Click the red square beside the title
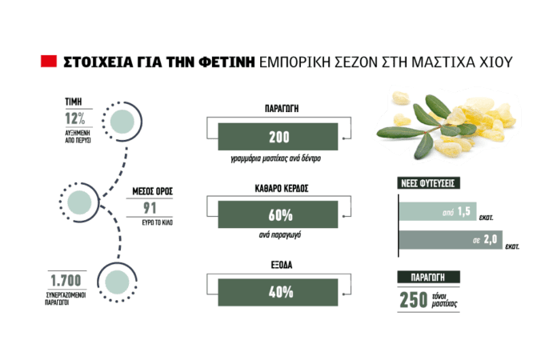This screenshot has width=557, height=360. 49,61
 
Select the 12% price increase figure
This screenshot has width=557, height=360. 75,118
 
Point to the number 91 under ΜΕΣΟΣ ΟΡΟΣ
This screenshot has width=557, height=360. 150,208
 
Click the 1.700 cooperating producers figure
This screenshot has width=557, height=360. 66,281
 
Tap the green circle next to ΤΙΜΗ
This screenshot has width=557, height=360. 122,122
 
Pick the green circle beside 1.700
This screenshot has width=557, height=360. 117,282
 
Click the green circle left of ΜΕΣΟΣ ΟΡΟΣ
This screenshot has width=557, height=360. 79,202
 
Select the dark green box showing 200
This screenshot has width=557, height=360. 278,137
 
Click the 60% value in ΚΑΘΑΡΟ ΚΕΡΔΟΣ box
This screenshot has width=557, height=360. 281,215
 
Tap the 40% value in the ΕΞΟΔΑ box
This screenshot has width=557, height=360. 281,292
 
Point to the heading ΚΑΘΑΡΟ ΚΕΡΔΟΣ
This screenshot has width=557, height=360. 282,188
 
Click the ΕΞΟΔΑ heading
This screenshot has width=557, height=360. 282,265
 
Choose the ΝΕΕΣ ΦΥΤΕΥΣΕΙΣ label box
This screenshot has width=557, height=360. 428,183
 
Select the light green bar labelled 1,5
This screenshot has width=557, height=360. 438,211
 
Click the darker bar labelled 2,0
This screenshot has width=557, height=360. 451,240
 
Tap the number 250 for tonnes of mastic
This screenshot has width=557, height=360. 414,300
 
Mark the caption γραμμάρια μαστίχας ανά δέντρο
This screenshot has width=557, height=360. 275,158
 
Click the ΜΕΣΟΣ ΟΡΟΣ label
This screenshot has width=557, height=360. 152,191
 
